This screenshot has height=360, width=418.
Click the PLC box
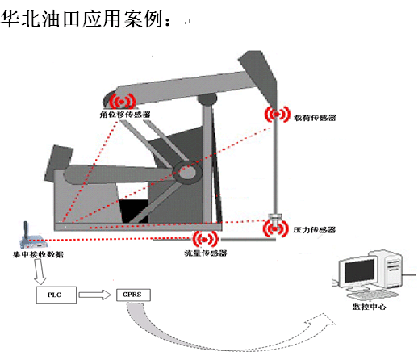(x=56, y=295)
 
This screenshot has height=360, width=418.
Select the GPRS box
(x=133, y=295)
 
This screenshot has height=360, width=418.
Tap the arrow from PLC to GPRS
(x=94, y=295)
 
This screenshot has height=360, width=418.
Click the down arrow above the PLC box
(x=40, y=272)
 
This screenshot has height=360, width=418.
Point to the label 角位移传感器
(x=125, y=115)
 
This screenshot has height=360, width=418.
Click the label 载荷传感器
(x=315, y=118)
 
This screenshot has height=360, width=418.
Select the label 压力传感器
(x=315, y=230)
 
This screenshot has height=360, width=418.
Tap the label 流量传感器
(x=206, y=253)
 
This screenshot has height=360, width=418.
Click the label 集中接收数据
(x=38, y=254)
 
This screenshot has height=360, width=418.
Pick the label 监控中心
(x=370, y=307)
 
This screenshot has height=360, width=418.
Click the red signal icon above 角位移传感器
(x=123, y=102)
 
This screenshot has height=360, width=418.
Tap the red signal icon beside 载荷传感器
(x=278, y=115)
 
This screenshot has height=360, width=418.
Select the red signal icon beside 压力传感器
(x=275, y=228)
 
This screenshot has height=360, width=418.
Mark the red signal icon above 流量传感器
(x=205, y=239)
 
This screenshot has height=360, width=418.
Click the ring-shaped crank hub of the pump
(x=187, y=172)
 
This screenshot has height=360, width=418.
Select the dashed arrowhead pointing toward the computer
(x=320, y=322)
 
